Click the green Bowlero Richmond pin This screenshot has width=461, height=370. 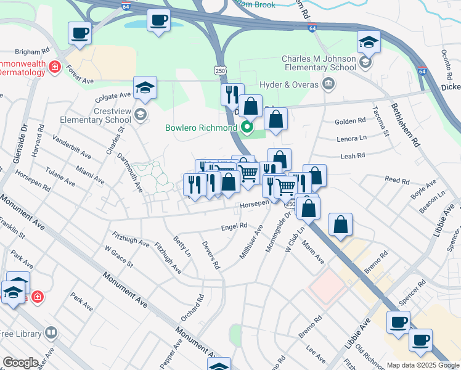click(x=248, y=128)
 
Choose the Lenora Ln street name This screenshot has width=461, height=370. click(x=351, y=139)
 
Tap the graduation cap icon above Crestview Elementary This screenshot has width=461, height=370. click(x=145, y=88)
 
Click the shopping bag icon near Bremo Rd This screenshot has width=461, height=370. click(x=340, y=225)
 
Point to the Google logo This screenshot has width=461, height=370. click(x=20, y=363)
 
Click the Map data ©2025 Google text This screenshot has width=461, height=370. click(x=422, y=365)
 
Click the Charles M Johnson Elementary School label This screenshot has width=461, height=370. click(x=319, y=64)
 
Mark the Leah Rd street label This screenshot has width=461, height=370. click(x=353, y=156)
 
